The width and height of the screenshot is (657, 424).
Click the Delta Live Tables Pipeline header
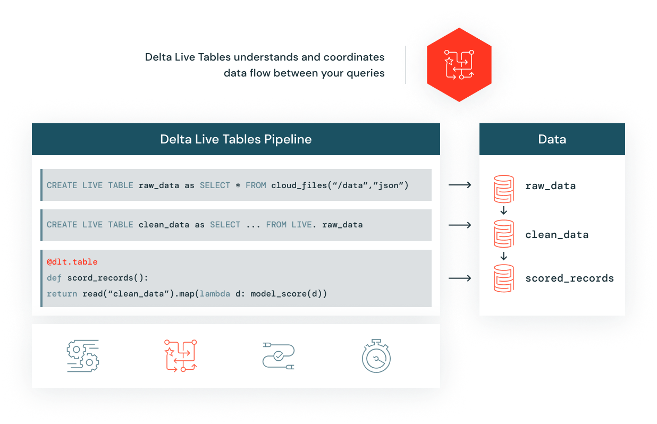235,140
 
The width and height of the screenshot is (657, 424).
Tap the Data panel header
552,140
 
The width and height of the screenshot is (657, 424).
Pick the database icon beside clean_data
503,234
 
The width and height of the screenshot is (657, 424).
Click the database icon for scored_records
503,278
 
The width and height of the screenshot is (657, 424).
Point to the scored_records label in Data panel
569,278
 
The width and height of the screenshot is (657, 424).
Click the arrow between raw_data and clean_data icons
503,211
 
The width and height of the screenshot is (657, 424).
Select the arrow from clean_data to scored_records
503,256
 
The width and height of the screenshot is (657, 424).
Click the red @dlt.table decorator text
72,262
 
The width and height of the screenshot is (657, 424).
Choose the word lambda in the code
215,294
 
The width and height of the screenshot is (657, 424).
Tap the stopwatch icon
376,355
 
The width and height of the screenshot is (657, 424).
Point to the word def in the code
54,278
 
